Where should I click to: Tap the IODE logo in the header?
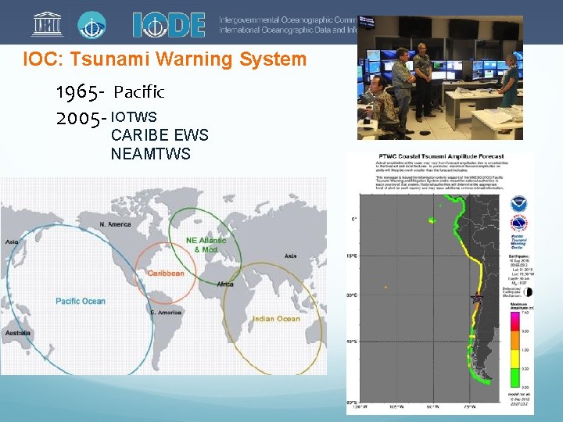tap(168, 24)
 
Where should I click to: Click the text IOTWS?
tap(134, 116)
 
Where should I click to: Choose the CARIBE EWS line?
tap(160, 135)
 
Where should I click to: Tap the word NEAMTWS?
tap(150, 154)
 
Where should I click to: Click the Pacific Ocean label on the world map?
tap(80, 302)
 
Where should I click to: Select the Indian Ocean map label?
tap(276, 319)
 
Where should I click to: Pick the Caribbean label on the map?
tap(166, 274)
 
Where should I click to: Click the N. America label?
tap(115, 224)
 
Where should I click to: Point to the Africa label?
tap(225, 284)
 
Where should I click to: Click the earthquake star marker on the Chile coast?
tap(476, 298)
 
